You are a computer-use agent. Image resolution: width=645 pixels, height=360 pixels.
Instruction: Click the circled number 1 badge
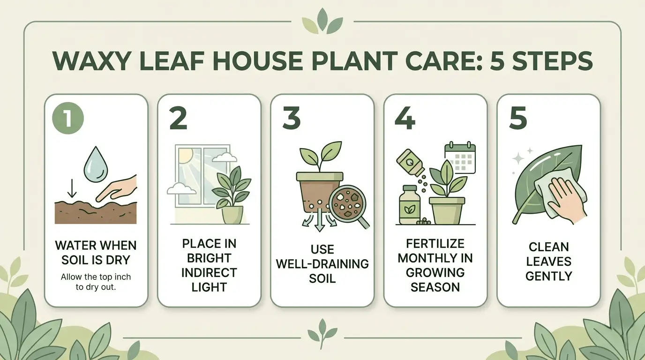tap(68, 118)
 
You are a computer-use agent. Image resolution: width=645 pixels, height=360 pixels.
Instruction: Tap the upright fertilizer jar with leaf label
tap(408, 205)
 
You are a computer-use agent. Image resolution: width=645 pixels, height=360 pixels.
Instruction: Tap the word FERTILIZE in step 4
tap(435, 244)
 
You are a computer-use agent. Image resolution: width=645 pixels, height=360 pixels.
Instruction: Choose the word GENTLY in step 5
tap(548, 276)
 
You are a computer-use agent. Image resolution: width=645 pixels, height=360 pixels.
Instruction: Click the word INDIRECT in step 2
tap(209, 273)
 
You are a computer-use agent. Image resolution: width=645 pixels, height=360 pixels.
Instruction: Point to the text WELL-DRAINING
tap(322, 264)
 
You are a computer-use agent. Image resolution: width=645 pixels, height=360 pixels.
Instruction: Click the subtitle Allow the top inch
tap(96, 277)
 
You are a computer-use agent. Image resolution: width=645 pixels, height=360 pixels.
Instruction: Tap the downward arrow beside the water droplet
tap(72, 188)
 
